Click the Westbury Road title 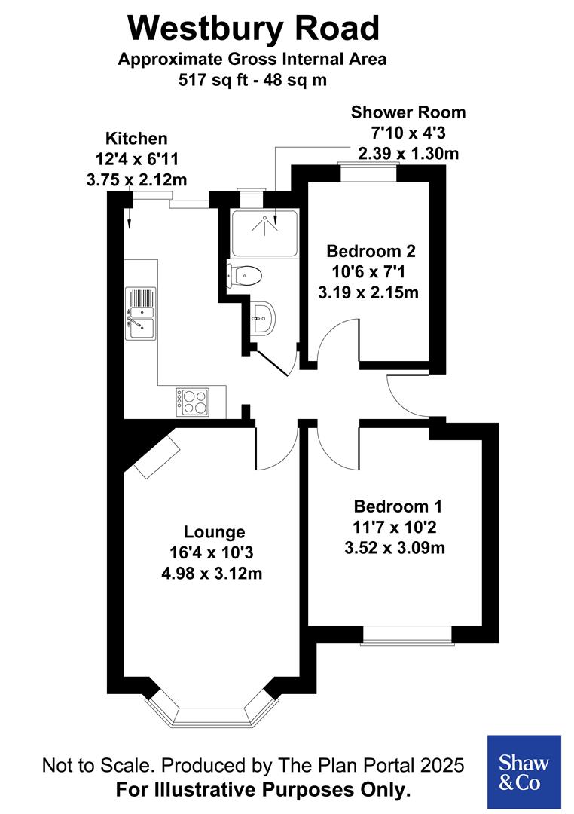click(253, 29)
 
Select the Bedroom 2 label click(371, 250)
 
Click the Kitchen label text click(136, 139)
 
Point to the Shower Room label click(408, 113)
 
